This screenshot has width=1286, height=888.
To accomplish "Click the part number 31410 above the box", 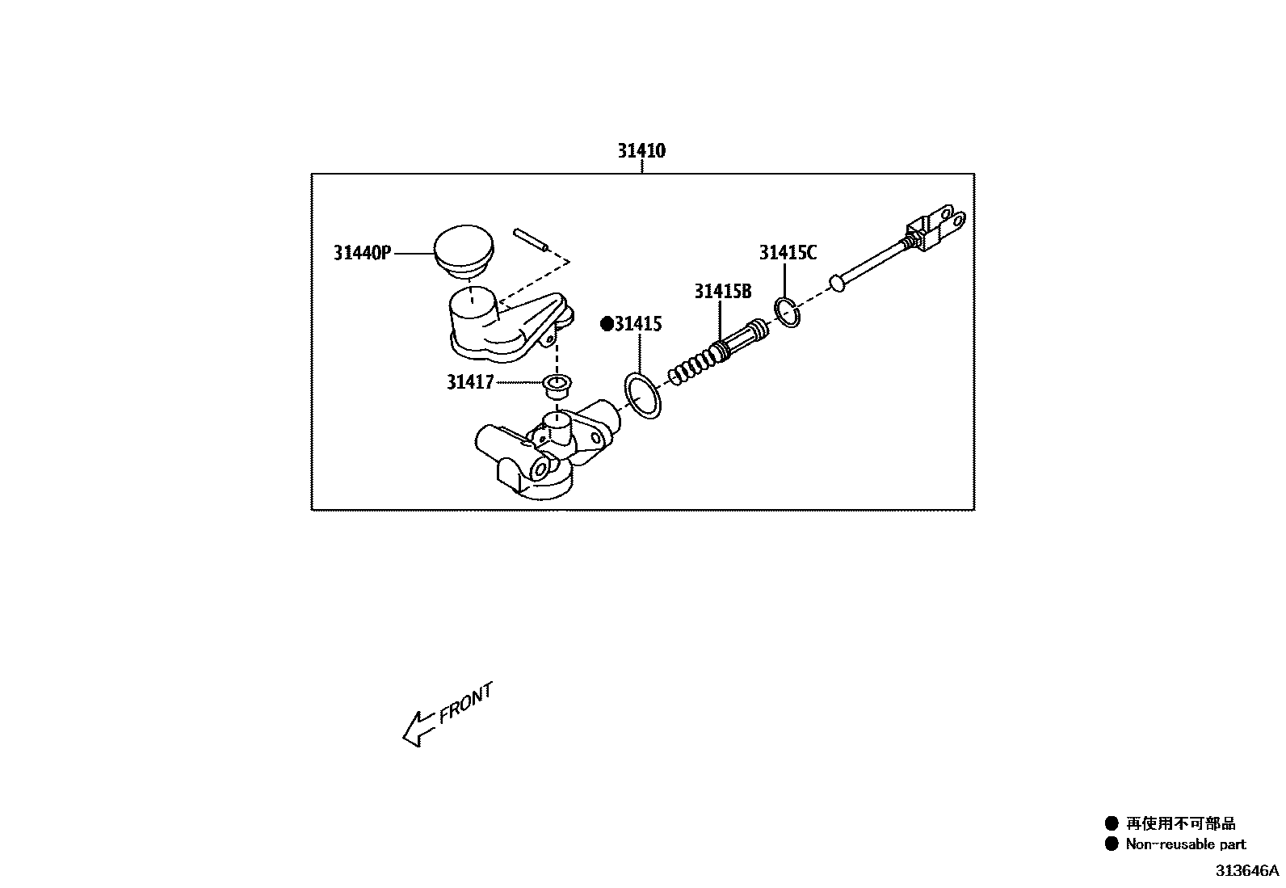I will [x=641, y=151].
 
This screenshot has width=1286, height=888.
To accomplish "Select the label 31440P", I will [x=362, y=253].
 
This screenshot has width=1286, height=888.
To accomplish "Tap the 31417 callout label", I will [x=469, y=381].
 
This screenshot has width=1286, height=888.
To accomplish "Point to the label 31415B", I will [x=722, y=292].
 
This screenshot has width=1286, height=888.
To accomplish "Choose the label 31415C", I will [x=788, y=253].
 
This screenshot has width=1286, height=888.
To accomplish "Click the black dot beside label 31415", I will [x=607, y=324].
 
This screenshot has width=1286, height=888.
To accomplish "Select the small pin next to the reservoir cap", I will [x=532, y=241].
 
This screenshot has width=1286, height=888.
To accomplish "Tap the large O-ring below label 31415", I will [x=644, y=396].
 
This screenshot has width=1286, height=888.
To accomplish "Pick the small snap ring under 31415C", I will [x=787, y=313].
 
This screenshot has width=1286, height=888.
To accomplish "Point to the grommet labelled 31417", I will [x=556, y=386].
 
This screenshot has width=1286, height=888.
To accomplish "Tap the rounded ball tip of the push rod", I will [x=837, y=283].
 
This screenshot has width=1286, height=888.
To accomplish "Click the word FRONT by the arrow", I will [x=466, y=703].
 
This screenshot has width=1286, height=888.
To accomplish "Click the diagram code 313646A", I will [x=1248, y=871].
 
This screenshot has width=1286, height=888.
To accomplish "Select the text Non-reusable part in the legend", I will [x=1186, y=844].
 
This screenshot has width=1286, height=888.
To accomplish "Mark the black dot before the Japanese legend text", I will [x=1112, y=823].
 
